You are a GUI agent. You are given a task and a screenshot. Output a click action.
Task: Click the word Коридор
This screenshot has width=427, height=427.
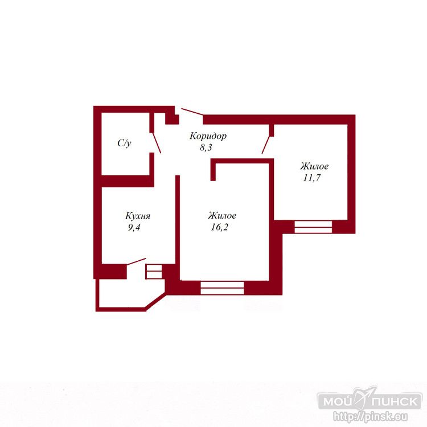point(208,136)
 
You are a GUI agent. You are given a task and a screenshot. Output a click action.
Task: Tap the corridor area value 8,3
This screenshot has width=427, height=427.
point(206,147)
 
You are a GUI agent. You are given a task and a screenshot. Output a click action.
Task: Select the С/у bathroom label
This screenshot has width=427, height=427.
point(125,143)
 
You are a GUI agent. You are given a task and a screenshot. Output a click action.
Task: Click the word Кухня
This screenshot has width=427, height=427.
point(138,216)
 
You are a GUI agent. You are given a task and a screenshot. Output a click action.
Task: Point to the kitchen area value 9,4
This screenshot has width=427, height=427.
point(134,227)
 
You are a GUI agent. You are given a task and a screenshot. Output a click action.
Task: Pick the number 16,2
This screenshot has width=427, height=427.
point(219,227)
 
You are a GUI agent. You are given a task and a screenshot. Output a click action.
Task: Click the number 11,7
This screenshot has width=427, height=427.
point(311,178)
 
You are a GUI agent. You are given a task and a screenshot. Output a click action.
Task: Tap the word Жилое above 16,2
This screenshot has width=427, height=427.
point(222,215)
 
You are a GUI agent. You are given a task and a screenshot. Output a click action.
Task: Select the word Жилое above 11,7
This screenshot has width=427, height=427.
point(314,166)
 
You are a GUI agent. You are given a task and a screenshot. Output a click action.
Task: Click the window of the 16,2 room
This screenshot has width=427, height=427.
point(222,288)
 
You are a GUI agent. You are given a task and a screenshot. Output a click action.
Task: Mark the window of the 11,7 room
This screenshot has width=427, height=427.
point(313,227)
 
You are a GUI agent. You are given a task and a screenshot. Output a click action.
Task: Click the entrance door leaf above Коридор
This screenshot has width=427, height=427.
point(192,112)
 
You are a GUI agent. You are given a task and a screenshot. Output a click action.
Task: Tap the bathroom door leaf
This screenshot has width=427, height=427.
point(157,143)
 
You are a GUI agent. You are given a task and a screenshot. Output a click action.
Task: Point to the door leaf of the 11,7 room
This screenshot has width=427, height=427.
point(266,145)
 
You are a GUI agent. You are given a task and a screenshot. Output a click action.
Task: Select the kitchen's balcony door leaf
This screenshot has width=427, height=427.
point(136,261)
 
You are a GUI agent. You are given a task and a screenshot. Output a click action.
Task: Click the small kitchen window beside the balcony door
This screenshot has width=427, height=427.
point(154,271)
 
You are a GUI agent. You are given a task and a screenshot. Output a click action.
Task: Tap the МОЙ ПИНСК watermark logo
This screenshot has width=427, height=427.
point(369,401)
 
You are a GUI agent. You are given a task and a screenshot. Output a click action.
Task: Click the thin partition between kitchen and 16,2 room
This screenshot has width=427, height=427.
point(178,227)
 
